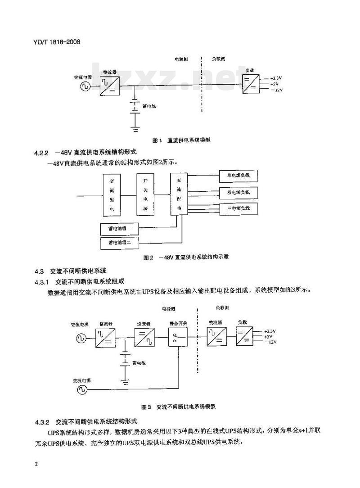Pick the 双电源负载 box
click(x=238, y=192)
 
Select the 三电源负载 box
click(x=238, y=208)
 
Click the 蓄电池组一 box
click(x=120, y=229)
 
